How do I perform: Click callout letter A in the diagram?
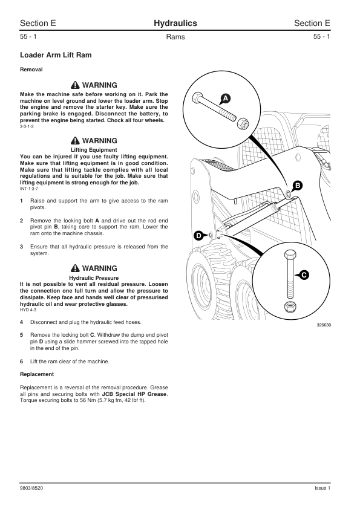226,98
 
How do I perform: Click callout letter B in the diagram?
297,186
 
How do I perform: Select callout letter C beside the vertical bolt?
304,275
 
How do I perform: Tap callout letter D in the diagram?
198,236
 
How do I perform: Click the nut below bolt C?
289,306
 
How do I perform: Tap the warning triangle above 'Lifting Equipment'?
75,141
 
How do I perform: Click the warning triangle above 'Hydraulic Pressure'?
75,268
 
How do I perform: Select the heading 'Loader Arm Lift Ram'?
56,55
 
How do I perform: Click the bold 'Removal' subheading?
31,70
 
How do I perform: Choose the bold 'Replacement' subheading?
37,374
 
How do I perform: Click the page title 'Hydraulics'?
175,23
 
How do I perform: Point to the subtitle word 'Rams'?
175,37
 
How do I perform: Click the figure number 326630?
324,325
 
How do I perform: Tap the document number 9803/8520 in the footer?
31,488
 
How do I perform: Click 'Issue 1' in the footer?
322,488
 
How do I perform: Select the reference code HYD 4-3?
28,310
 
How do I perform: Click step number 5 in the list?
21,335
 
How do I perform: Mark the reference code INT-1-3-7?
29,189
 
